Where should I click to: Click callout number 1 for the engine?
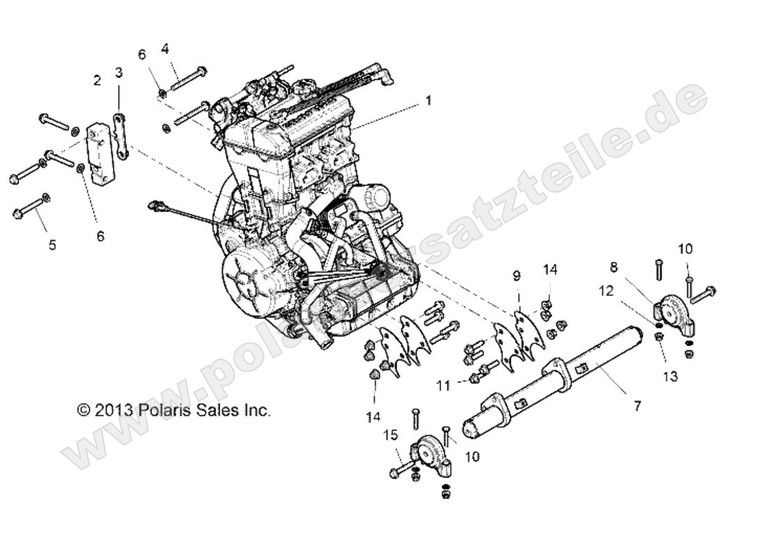(428, 100)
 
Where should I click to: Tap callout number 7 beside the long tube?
(636, 405)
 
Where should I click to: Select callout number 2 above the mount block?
(97, 80)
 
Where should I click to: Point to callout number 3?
(119, 72)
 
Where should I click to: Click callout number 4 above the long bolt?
(165, 49)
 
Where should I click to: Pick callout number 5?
(52, 245)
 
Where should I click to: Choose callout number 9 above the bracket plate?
(516, 276)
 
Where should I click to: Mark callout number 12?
(606, 291)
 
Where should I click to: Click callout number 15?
(390, 435)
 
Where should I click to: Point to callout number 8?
(614, 266)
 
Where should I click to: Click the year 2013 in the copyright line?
(113, 410)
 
